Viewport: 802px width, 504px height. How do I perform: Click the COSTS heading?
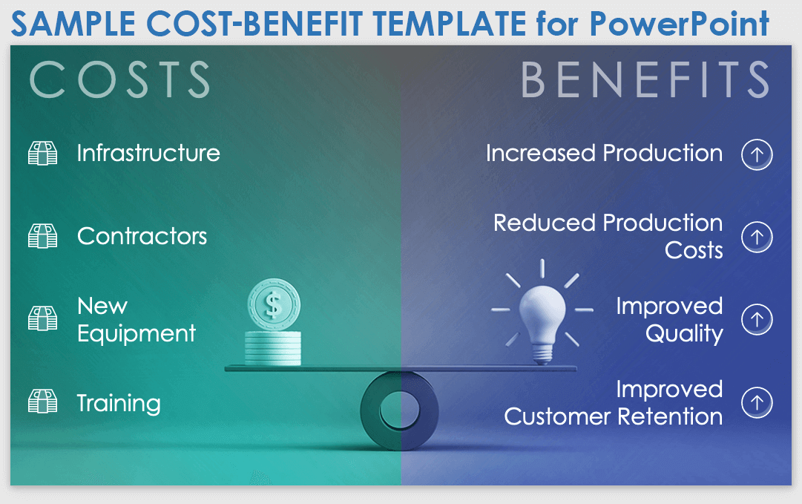pyautogui.click(x=119, y=79)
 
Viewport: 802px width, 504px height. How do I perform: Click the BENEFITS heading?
pyautogui.click(x=645, y=79)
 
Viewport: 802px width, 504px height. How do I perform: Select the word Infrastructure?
pyautogui.click(x=148, y=154)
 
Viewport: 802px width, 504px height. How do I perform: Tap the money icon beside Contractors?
pyautogui.click(x=43, y=236)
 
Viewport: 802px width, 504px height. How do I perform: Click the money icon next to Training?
pyautogui.click(x=43, y=402)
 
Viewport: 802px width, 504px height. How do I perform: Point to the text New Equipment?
pyautogui.click(x=136, y=320)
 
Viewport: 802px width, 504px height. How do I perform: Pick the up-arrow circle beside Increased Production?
pyautogui.click(x=757, y=154)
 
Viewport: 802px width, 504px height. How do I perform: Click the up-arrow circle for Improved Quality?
pyautogui.click(x=757, y=320)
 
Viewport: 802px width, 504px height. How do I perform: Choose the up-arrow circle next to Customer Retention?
pyautogui.click(x=757, y=403)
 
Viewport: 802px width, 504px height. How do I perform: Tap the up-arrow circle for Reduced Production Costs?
pyautogui.click(x=757, y=237)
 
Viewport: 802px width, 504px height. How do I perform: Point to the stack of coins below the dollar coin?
pyautogui.click(x=274, y=347)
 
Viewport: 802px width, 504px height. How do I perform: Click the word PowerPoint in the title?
pyautogui.click(x=680, y=24)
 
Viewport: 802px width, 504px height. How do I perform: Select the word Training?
pyautogui.click(x=119, y=403)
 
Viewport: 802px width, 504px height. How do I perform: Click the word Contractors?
pyautogui.click(x=142, y=237)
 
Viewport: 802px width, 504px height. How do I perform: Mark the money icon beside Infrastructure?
pyautogui.click(x=43, y=154)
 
